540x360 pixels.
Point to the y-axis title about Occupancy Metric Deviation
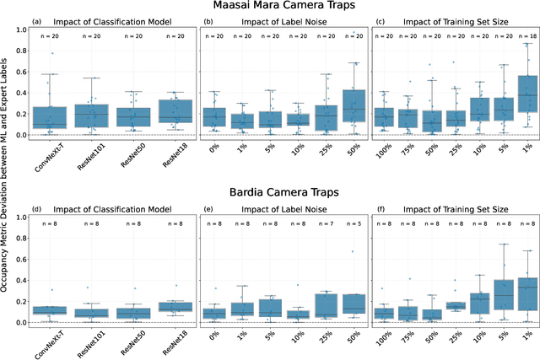7,180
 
